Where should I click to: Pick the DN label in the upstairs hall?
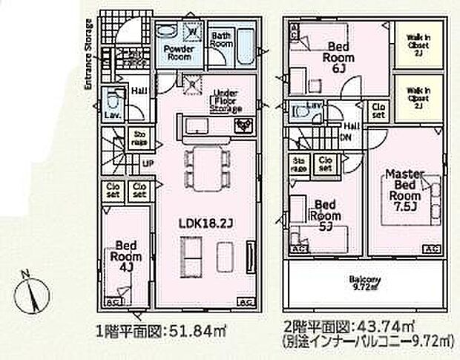click(x=346, y=138)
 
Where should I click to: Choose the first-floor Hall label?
click(x=139, y=92)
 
